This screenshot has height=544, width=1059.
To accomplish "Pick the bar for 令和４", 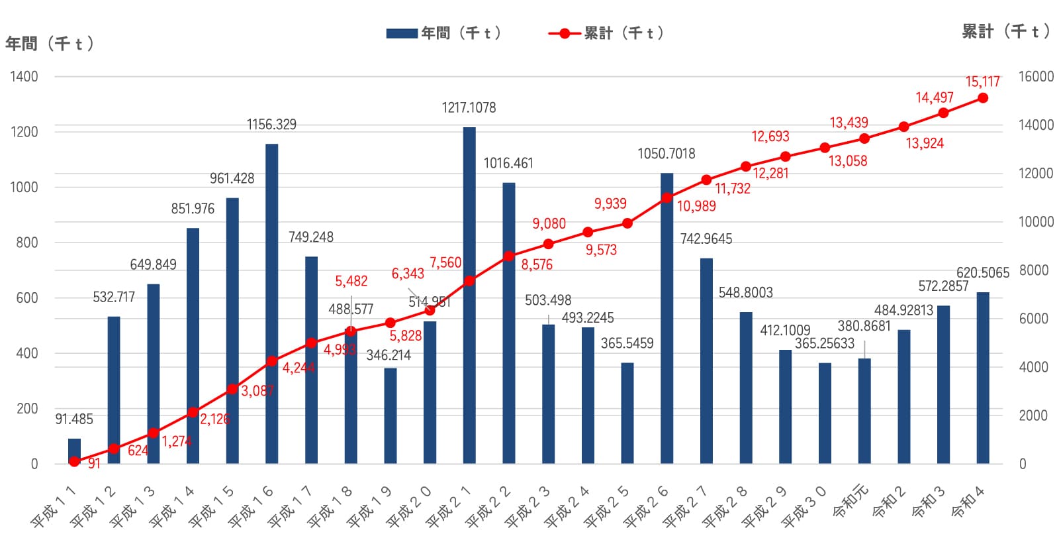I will (x=982, y=378).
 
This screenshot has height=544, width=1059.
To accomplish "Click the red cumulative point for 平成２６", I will (x=667, y=197).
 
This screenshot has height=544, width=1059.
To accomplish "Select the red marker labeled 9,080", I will (x=548, y=244).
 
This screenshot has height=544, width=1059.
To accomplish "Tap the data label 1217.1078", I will (x=469, y=107).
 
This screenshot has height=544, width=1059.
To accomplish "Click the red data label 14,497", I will (x=934, y=98).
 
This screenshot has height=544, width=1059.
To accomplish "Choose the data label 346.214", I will (x=389, y=355).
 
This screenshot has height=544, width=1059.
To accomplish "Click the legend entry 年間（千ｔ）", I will (x=445, y=33).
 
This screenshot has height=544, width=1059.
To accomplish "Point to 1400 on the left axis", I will (x=24, y=76).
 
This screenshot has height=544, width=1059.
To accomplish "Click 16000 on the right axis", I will (x=1036, y=76).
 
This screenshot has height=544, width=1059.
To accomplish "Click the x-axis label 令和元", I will (x=851, y=504).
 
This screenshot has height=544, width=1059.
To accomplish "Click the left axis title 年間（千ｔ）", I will (x=50, y=44).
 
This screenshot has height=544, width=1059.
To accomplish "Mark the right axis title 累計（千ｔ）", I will (x=1005, y=31).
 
